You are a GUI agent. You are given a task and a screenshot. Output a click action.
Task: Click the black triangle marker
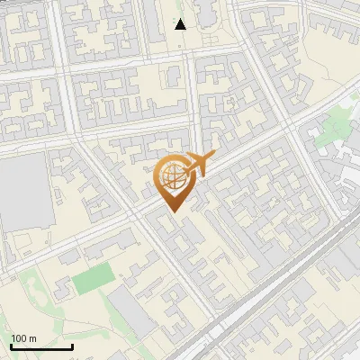coord(180,24)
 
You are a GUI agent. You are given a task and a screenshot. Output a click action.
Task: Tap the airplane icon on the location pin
coord(195,165)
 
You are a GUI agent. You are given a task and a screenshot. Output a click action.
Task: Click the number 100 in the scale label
coord(20,338)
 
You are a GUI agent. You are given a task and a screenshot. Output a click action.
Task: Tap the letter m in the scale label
coord(32,338)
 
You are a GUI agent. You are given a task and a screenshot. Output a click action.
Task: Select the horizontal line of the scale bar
coord(41,346)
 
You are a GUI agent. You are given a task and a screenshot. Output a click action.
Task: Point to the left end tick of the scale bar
coord(11,345)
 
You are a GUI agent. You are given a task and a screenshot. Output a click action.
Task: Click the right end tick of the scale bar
coord(72,345)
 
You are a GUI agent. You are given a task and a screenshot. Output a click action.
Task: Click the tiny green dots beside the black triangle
coord(171,16)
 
